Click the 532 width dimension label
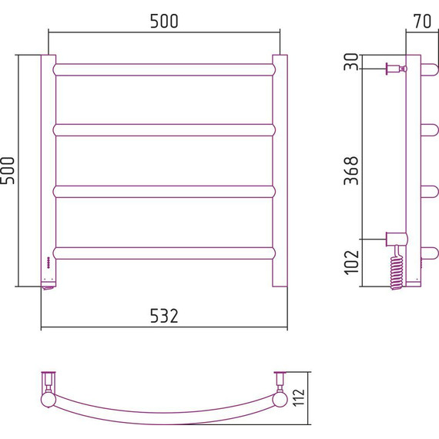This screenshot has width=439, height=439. pos(164,316)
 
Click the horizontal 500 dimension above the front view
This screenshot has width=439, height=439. pos(164,21)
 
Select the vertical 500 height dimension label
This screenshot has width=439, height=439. pos(8,170)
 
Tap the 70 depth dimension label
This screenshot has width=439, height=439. pos(422,21)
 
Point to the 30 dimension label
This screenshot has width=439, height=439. pos(351,62)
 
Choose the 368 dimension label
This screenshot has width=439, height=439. pos(351,170)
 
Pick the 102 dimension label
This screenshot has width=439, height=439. pos(351,263)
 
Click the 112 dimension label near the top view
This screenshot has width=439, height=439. pos(300,397)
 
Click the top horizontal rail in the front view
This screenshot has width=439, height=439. pos(164,70)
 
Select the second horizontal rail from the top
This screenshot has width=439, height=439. pos(164,130)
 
